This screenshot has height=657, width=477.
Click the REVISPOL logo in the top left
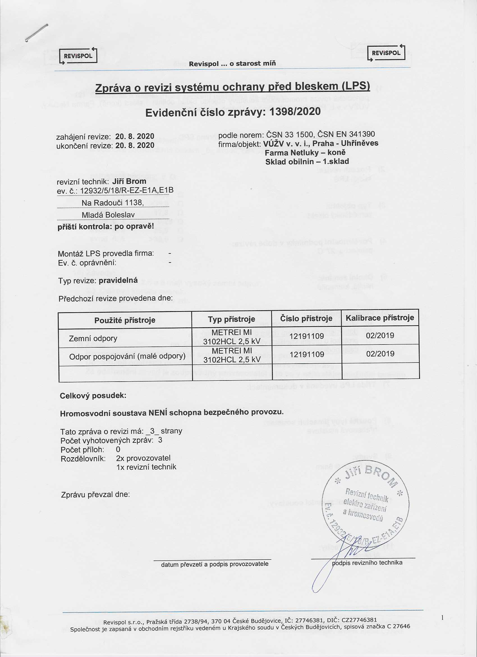(x=78, y=56)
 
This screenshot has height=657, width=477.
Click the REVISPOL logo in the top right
(x=386, y=53)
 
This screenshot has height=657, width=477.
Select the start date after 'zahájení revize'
(x=134, y=137)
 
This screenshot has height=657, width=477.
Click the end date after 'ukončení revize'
(x=134, y=145)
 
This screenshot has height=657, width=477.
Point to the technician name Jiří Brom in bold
(x=129, y=181)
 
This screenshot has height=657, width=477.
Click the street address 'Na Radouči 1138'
(x=113, y=203)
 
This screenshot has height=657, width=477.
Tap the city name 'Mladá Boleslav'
(x=108, y=215)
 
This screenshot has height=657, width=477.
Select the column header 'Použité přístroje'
(x=125, y=320)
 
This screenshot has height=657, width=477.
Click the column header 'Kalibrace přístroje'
(x=380, y=318)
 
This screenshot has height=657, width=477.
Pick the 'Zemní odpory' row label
(x=93, y=338)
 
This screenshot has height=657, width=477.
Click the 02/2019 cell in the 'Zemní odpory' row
(x=380, y=336)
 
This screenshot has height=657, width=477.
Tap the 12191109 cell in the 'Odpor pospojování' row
(x=306, y=354)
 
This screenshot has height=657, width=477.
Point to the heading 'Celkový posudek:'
(x=93, y=396)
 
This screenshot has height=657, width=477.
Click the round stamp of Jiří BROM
(x=365, y=504)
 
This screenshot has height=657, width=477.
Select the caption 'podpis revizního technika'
(x=367, y=563)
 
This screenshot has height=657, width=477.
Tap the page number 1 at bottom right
(x=442, y=618)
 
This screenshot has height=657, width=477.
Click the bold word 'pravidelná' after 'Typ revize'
(x=118, y=280)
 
